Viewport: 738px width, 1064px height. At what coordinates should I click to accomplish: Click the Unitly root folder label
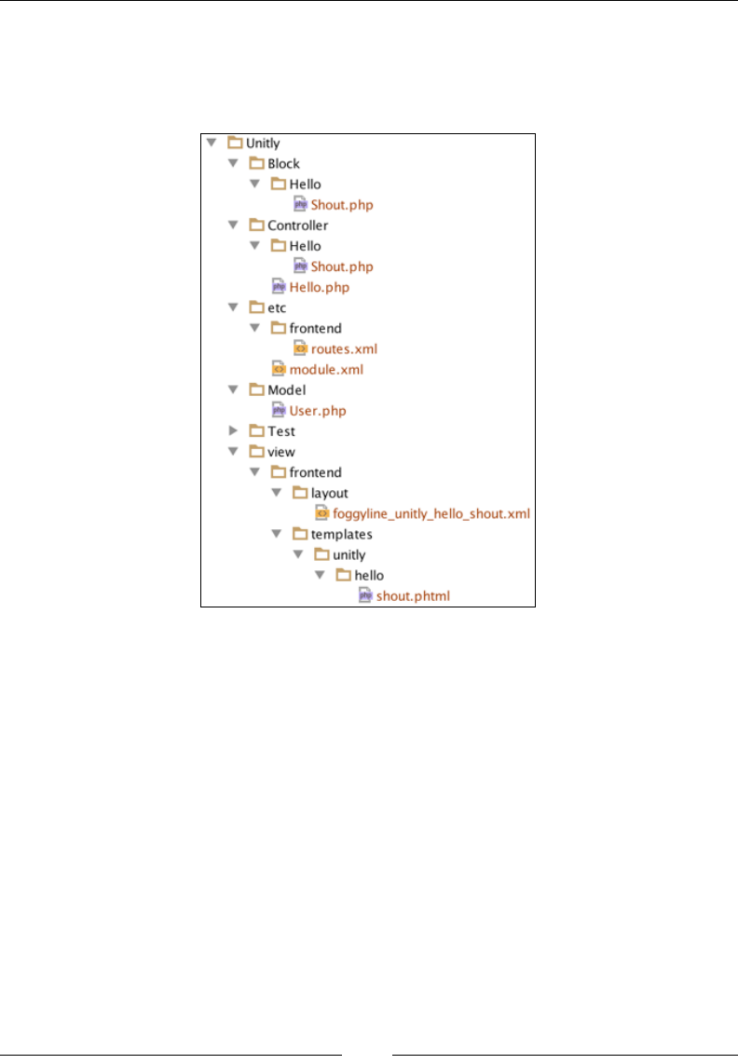tap(264, 143)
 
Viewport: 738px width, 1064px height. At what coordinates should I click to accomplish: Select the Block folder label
tap(283, 164)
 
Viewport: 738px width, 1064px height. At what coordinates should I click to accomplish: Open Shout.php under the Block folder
tap(342, 205)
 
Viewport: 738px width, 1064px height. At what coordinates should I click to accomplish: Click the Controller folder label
tap(297, 225)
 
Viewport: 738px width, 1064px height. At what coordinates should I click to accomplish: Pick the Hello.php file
tap(319, 287)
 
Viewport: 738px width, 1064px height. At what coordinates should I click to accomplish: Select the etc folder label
tap(277, 307)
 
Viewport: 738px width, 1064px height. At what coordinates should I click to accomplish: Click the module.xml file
tap(325, 370)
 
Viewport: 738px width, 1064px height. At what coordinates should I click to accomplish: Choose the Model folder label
tap(286, 390)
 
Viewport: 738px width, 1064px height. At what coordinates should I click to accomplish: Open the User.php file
tap(318, 411)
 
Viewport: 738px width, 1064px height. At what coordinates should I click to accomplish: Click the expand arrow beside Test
tap(234, 431)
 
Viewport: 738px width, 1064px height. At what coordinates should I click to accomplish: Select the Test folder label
tap(280, 431)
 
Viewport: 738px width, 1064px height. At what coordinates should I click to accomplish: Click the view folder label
tap(280, 452)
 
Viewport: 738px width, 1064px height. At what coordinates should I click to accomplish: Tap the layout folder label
tap(330, 493)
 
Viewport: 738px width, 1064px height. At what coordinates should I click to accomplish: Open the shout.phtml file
tap(413, 595)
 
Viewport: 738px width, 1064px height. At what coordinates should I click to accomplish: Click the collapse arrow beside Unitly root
tap(212, 143)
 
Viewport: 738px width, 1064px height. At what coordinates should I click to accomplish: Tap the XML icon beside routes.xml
tap(300, 348)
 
